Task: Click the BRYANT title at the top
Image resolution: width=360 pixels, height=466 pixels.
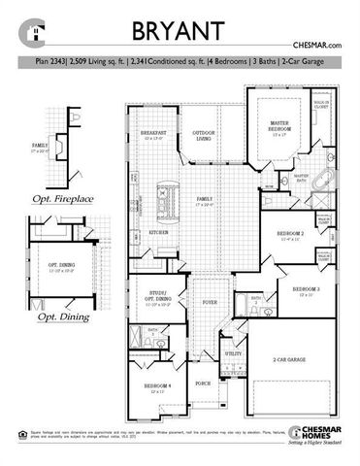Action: click(x=180, y=31)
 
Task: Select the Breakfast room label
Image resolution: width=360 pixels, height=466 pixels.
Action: click(x=154, y=134)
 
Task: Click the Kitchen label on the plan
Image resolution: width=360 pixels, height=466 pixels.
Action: click(x=159, y=233)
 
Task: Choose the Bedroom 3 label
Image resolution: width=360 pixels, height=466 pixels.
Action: click(x=307, y=289)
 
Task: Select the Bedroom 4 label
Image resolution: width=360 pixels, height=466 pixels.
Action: click(x=157, y=386)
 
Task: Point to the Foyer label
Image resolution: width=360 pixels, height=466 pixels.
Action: click(x=208, y=301)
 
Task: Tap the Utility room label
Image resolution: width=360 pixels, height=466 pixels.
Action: click(x=233, y=354)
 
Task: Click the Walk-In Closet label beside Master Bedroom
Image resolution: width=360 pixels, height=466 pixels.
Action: click(x=321, y=104)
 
